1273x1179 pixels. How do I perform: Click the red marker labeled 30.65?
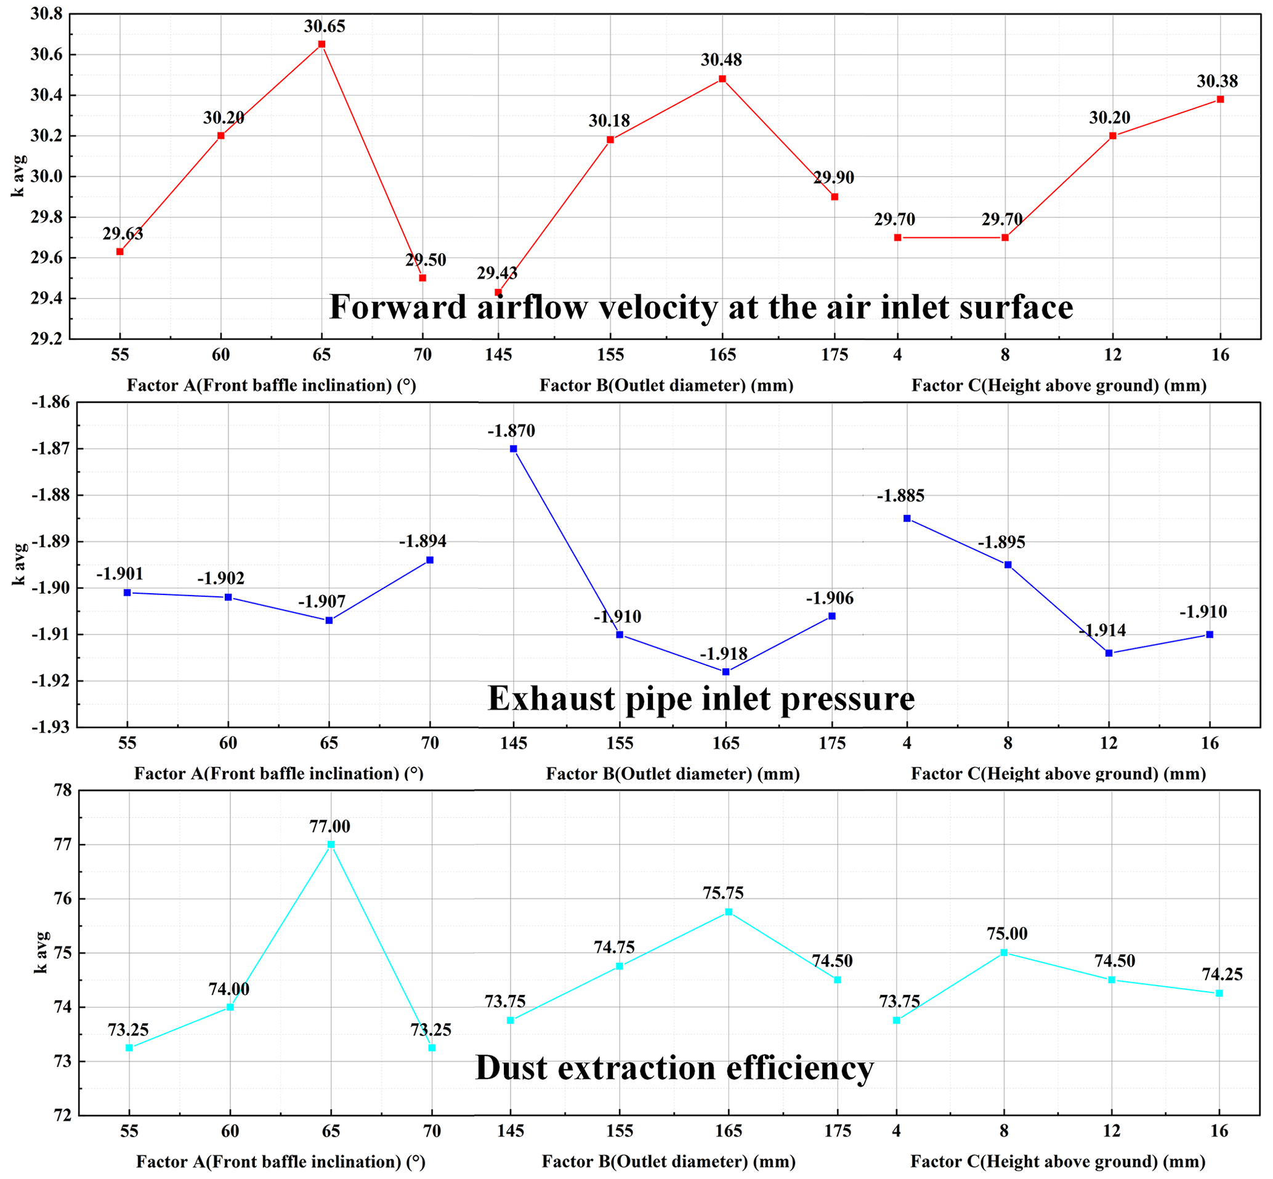321,44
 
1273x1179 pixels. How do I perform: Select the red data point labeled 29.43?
498,292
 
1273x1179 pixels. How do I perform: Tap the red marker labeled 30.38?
1220,99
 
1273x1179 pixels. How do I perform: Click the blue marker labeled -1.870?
514,448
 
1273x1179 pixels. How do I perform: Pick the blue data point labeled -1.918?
725,672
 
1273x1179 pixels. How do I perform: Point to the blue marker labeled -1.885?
907,518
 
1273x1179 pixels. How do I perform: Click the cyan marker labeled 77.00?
331,844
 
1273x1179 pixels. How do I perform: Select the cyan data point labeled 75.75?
729,912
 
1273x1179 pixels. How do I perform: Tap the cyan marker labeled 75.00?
1004,952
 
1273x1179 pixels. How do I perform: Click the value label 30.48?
721,60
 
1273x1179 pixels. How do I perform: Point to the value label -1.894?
423,541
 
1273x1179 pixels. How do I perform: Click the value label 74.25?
1222,974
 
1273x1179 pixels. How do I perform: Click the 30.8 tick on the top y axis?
46,14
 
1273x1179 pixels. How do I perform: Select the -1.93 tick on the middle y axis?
51,727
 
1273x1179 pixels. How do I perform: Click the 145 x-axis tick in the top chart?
498,355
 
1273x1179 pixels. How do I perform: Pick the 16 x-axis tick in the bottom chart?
1219,1131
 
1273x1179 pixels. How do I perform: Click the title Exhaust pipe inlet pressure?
701,699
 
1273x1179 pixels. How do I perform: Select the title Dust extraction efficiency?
674,1068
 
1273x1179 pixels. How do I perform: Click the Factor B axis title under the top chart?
666,386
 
